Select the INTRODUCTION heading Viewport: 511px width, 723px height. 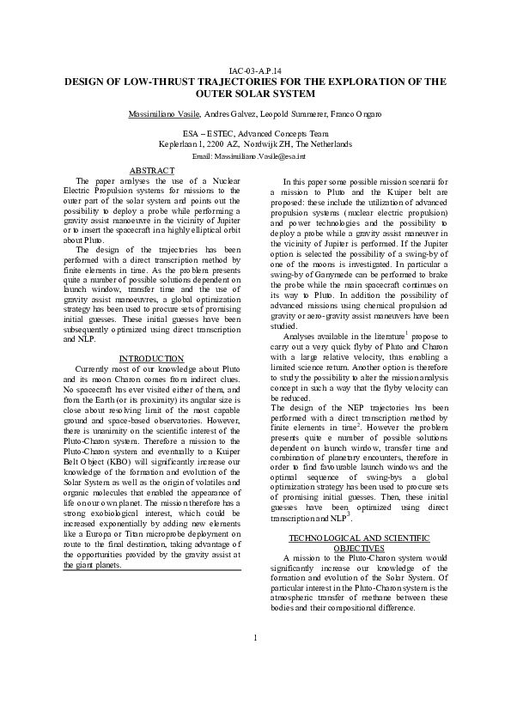(150, 382)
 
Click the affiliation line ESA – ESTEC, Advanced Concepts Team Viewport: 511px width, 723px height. (255, 134)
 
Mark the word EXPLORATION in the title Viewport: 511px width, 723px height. (352, 82)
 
